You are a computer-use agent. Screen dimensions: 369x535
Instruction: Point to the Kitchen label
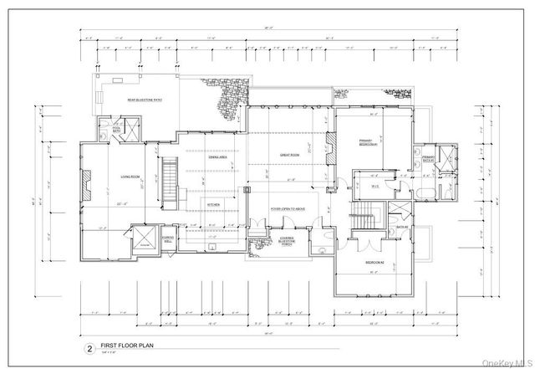click(213, 204)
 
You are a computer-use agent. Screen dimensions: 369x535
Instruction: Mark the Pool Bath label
click(106, 130)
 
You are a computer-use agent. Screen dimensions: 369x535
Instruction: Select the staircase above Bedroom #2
click(366, 223)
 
